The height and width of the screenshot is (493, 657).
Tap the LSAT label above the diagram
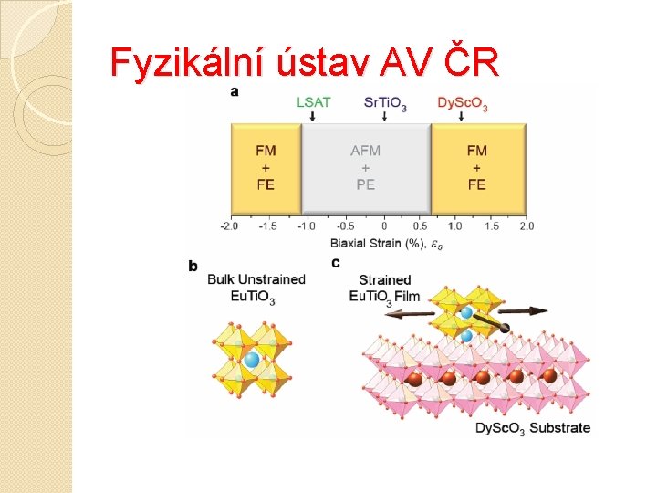(x=313, y=101)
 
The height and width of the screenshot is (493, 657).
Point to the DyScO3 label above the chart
(x=463, y=102)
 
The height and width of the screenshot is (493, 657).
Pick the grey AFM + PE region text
(x=366, y=167)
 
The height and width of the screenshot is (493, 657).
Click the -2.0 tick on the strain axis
(x=229, y=226)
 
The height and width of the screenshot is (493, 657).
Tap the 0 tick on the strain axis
(x=384, y=226)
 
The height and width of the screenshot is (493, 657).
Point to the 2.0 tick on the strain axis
(x=527, y=226)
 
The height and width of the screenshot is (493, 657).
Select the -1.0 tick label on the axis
(x=307, y=226)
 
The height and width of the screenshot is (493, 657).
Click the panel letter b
(x=193, y=266)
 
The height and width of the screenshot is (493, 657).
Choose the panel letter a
(x=235, y=90)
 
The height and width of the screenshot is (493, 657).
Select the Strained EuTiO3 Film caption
(x=384, y=288)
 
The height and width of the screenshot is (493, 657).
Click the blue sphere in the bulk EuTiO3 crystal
(x=252, y=360)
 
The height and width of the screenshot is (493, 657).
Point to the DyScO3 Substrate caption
(x=533, y=427)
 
